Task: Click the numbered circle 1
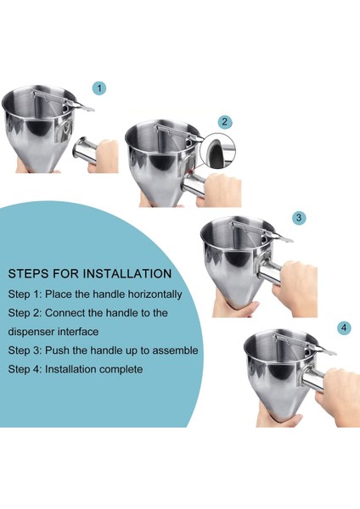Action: click(99, 88)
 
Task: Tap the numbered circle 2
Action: click(224, 122)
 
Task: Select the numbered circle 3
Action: click(299, 217)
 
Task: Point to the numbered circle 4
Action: click(344, 327)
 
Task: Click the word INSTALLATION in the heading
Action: click(127, 274)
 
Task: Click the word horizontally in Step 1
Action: click(154, 294)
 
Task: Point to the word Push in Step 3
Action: click(56, 350)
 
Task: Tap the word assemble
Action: click(176, 350)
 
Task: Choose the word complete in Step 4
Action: click(121, 369)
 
